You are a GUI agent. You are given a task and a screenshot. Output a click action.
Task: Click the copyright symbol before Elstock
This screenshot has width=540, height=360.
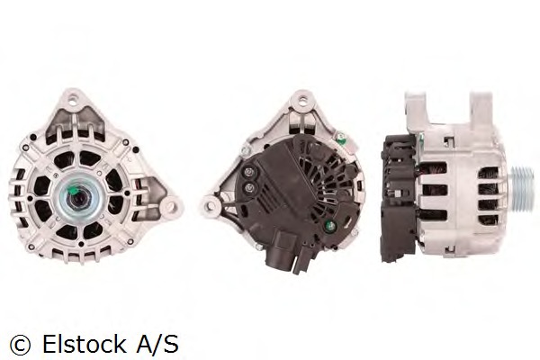[20, 345]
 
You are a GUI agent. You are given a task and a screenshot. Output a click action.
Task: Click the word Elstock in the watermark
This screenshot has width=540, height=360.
[84, 344]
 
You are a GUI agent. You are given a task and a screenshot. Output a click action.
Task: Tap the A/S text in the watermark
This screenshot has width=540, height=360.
[157, 344]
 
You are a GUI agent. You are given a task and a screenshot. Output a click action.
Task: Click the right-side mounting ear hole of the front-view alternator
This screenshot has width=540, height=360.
[171, 207]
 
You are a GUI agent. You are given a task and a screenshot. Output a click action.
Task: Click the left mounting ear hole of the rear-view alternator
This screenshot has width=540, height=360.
[209, 206]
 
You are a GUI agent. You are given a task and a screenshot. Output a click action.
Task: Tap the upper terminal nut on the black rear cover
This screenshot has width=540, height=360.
[249, 173]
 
